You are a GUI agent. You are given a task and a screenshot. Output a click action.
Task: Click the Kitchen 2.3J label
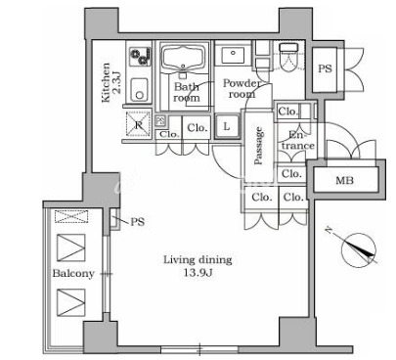111,82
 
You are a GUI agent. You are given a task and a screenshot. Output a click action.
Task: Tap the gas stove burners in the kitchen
140,57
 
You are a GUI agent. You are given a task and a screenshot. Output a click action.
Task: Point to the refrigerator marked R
139,124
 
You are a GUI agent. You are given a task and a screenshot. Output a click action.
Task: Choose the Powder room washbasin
233,56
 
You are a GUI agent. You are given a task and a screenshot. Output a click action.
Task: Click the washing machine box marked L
227,126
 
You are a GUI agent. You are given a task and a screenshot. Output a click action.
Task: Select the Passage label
258,146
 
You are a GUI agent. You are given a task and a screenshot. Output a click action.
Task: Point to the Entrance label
298,140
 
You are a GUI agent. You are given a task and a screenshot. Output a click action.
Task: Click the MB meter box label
344,180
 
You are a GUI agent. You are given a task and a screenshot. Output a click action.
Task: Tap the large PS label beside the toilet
325,68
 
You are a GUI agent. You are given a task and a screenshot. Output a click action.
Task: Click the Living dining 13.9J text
198,266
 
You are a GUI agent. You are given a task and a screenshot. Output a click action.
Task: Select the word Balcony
73,273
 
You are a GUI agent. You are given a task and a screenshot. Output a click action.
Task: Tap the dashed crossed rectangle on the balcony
71,216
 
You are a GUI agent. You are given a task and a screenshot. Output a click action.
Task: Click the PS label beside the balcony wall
137,222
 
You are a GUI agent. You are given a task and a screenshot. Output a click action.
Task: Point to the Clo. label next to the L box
198,127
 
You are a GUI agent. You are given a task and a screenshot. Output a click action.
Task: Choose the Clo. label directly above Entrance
287,112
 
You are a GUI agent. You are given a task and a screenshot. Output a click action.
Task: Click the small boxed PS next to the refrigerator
160,121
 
